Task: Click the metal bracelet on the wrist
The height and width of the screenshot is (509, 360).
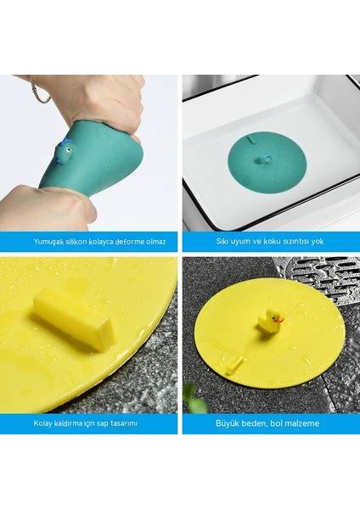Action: click(37, 92)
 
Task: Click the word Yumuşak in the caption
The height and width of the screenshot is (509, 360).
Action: click(49, 242)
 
